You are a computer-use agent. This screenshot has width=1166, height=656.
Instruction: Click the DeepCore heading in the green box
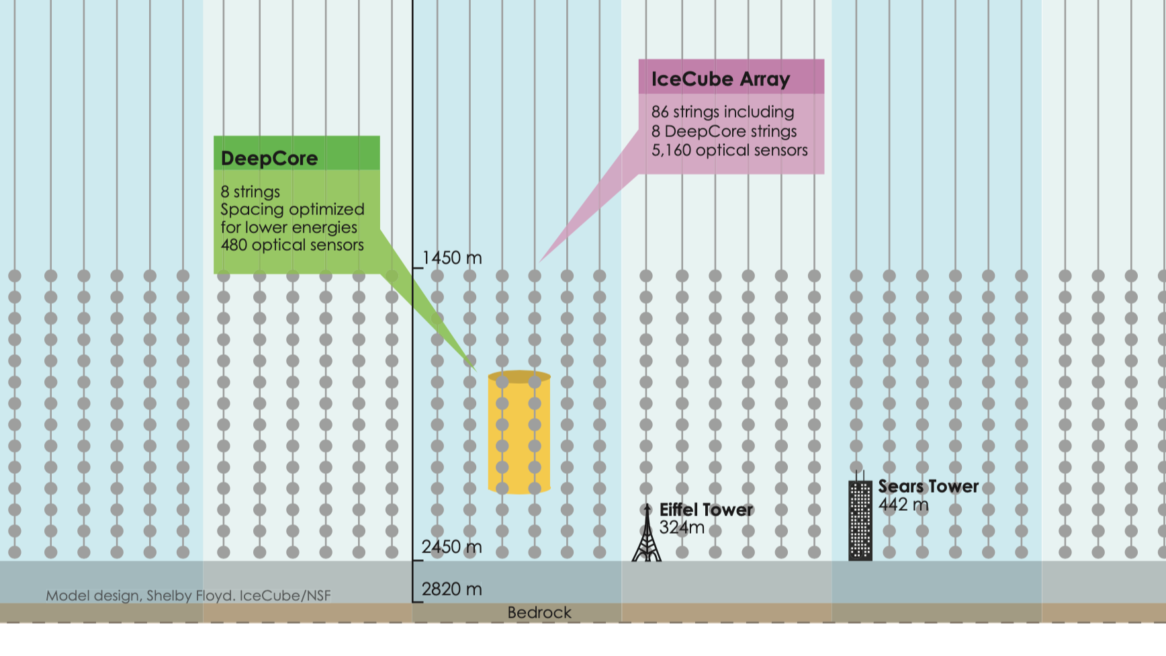pyautogui.click(x=269, y=159)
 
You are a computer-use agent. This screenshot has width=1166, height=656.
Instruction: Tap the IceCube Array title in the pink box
pyautogui.click(x=720, y=79)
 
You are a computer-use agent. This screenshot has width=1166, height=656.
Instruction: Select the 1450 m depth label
pyautogui.click(x=452, y=258)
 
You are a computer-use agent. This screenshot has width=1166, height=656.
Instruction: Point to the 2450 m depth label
pyautogui.click(x=452, y=547)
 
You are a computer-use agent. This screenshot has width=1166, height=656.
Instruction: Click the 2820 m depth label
pyautogui.click(x=452, y=589)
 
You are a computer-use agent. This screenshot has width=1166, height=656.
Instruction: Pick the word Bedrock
pyautogui.click(x=539, y=613)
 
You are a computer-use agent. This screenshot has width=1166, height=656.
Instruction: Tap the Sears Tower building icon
pyautogui.click(x=860, y=520)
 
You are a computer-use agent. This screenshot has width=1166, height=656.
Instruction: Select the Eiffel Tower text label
pyautogui.click(x=706, y=510)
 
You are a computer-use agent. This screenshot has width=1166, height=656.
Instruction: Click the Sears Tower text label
pyautogui.click(x=928, y=487)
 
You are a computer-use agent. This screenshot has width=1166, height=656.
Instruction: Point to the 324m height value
pyautogui.click(x=682, y=528)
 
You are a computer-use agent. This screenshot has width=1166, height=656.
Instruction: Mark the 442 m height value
pyautogui.click(x=903, y=505)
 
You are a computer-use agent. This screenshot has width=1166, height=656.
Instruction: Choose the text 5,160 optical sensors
pyautogui.click(x=729, y=151)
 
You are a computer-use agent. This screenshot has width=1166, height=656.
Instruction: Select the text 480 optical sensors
pyautogui.click(x=292, y=245)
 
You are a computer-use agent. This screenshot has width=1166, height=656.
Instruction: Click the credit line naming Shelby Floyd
pyautogui.click(x=188, y=596)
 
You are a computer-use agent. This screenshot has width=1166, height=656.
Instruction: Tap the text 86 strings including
pyautogui.click(x=723, y=112)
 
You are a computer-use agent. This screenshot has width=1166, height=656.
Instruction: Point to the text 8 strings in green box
pyautogui.click(x=251, y=192)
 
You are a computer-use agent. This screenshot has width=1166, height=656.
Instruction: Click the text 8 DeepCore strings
pyautogui.click(x=724, y=132)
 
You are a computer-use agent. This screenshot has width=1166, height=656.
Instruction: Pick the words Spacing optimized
pyautogui.click(x=292, y=210)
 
